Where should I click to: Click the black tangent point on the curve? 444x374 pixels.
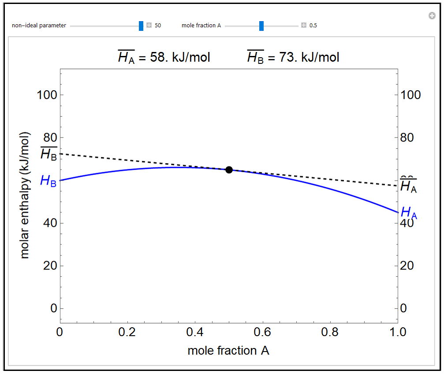tap(229, 170)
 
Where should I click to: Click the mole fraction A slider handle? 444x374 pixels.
tap(261, 26)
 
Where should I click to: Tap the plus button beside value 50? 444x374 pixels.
tap(149, 26)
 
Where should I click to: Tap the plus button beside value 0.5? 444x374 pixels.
tap(304, 26)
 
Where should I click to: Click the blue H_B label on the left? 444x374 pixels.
tap(48, 181)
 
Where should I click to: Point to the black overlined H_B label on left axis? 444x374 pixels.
tap(49, 154)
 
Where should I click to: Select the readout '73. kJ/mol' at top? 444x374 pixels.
tap(309, 58)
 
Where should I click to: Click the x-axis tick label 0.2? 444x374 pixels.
tap(127, 332)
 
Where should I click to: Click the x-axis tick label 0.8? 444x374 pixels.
tap(330, 332)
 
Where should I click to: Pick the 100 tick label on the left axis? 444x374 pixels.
tap(47, 95)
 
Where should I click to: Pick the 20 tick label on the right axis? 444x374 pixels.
tap(407, 266)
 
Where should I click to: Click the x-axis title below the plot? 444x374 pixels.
tap(228, 351)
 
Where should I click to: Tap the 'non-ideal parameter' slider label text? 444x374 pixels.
tap(39, 26)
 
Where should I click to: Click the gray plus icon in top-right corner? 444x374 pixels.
tap(432, 16)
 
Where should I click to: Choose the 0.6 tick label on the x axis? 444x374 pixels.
tap(262, 332)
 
